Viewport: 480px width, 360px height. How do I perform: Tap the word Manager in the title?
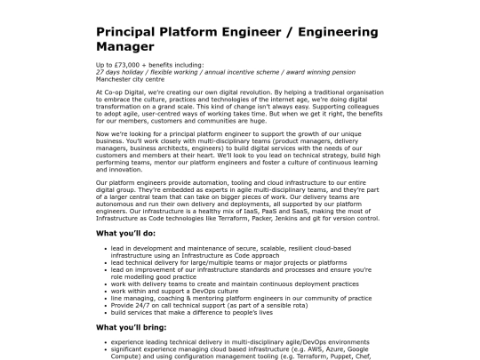click(x=125, y=45)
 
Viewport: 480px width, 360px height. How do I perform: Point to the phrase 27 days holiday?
click(x=117, y=73)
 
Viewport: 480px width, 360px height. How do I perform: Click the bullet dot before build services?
click(x=108, y=311)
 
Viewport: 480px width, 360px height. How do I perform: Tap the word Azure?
click(x=323, y=347)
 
